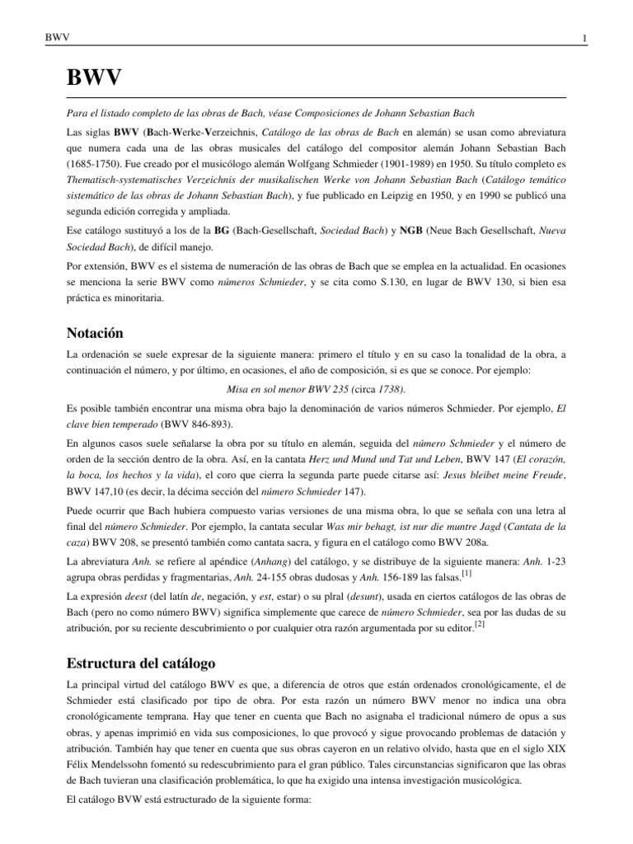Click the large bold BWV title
pyautogui.click(x=94, y=80)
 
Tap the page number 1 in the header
pyautogui.click(x=584, y=39)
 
